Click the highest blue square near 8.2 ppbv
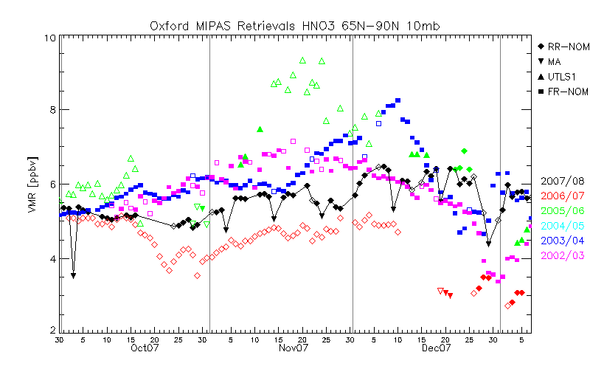pos(398,100)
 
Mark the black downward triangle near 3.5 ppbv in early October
pos(73,275)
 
